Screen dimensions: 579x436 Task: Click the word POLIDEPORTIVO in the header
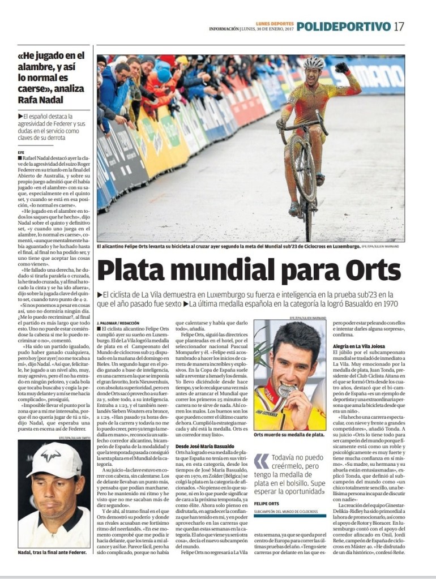pos(344,27)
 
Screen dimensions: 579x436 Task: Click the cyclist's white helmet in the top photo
pos(313,63)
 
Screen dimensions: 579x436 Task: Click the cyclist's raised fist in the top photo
pos(341,67)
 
